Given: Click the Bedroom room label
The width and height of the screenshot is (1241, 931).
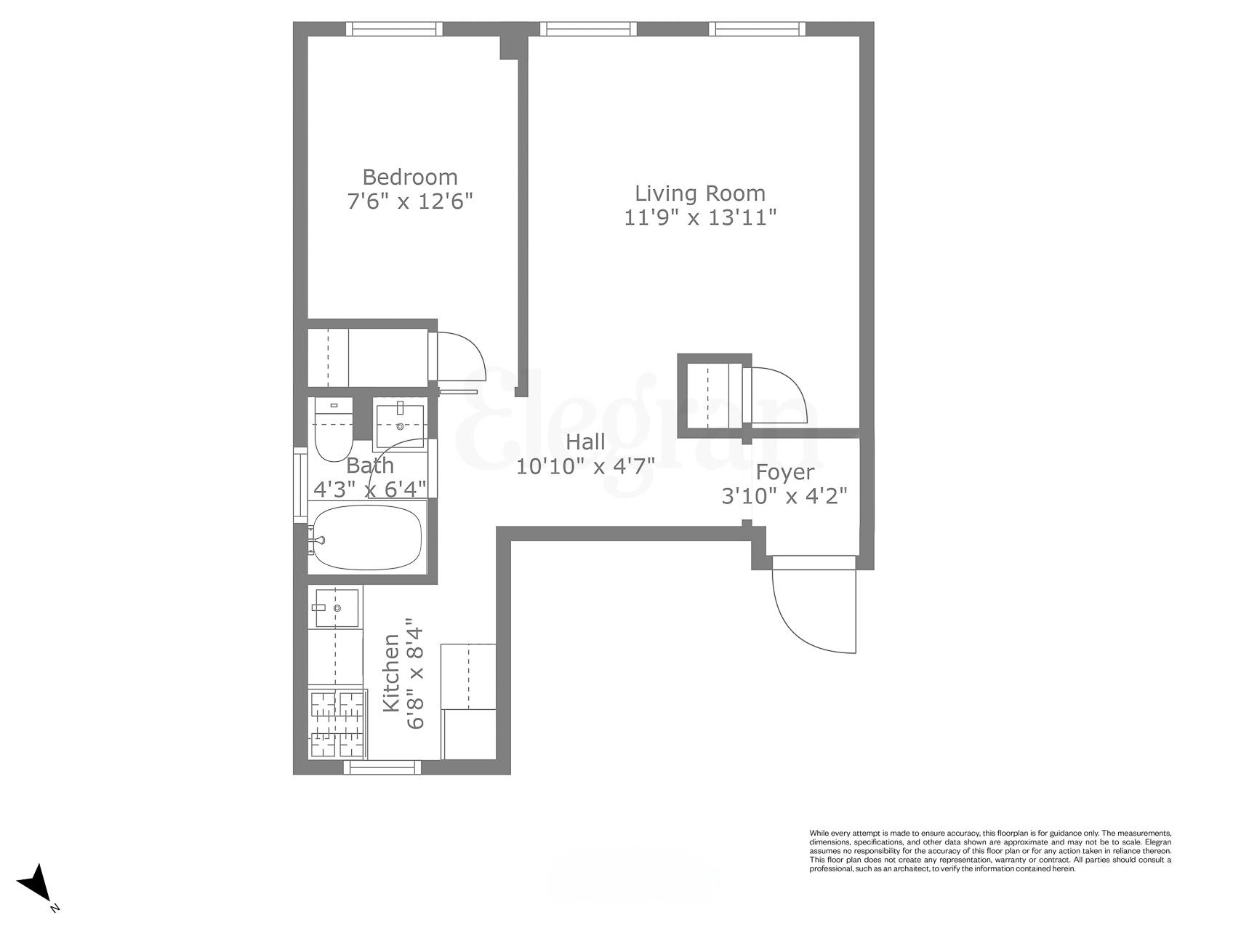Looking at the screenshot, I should (410, 177).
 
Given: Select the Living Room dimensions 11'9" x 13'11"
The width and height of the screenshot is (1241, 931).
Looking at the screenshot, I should (700, 217).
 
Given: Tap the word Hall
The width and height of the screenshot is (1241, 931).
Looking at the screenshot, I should (585, 441).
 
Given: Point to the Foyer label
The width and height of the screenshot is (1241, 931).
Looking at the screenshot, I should (784, 472).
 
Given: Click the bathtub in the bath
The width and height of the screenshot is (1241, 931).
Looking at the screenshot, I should (366, 539).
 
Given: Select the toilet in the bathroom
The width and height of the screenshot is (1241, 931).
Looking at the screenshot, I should (333, 433).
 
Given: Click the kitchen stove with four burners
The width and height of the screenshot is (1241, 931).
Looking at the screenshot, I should (337, 724).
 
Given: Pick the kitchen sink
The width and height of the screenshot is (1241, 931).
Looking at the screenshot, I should (336, 607).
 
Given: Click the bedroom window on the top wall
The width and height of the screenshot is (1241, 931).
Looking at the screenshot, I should (394, 28).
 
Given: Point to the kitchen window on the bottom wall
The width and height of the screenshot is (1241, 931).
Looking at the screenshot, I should (382, 767).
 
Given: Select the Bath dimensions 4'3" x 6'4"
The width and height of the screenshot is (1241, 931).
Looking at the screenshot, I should (369, 489).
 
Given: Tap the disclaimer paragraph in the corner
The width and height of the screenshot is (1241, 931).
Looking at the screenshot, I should (990, 850).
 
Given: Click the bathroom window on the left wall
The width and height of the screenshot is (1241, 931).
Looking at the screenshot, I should (300, 484).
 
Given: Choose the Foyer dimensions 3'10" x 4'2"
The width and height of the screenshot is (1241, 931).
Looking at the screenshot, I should (784, 496).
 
